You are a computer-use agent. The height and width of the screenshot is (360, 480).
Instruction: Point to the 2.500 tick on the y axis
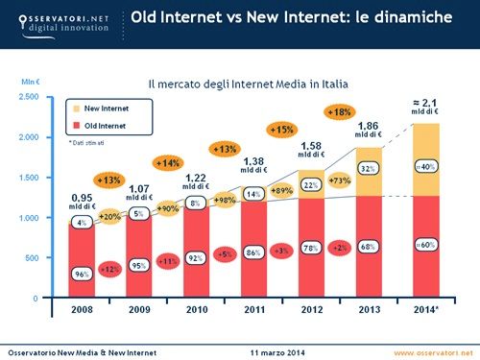[28, 97]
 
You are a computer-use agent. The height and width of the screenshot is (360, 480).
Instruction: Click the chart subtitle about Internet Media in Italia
[241, 84]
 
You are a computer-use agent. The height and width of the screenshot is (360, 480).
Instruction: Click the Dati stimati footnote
[87, 142]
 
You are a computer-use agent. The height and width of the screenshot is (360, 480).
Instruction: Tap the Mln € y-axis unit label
[30, 82]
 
